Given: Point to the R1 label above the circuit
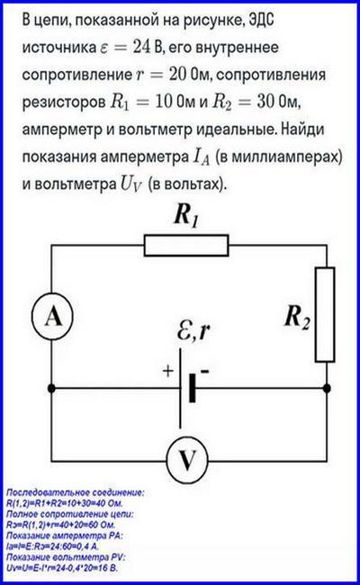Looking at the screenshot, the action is (186, 216).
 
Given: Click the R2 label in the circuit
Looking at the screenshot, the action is (297, 318).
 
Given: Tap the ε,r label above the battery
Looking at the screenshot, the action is (193, 330).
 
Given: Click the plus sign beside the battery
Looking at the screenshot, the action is (168, 371).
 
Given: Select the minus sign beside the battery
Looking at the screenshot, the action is (204, 371).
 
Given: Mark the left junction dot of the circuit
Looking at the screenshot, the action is (51, 389).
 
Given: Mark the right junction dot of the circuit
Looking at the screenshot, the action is (327, 389).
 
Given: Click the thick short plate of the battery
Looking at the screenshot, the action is (192, 389).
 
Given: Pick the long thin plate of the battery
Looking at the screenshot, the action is (181, 389).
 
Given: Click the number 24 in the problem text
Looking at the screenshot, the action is (141, 48).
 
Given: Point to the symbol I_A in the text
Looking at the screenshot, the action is (201, 157).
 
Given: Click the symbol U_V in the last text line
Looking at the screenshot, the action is (130, 184).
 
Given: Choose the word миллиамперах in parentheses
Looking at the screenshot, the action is (283, 157).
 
